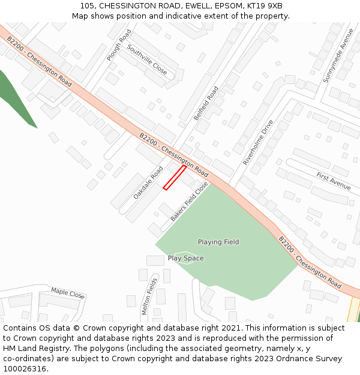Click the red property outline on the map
(x=175, y=178)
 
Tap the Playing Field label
(x=218, y=242)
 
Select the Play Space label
(x=185, y=259)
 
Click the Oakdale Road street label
(x=148, y=182)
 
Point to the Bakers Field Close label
(x=189, y=202)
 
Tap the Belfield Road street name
(x=206, y=103)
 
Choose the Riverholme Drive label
(x=258, y=142)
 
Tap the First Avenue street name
(x=333, y=181)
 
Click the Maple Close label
(x=68, y=293)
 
